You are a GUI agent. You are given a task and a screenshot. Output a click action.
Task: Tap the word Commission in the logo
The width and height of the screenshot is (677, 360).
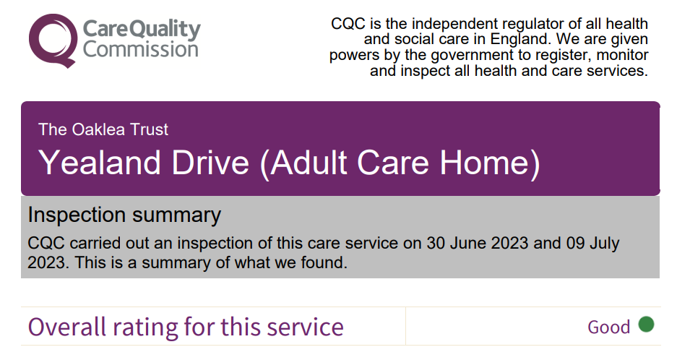coord(141,49)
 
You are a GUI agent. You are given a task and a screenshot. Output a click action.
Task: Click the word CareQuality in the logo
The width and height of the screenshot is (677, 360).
coord(142,30)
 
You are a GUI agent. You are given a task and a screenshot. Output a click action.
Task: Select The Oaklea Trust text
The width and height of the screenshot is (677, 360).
coord(103,129)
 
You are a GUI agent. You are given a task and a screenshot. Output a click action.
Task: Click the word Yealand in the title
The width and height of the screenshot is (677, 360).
coord(101,163)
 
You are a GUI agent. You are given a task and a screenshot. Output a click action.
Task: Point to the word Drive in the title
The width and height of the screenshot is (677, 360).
coord(210,163)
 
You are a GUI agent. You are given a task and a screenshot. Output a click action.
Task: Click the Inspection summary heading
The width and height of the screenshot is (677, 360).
coord(124,215)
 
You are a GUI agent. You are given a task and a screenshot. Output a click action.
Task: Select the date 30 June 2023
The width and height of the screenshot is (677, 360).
coord(478,243)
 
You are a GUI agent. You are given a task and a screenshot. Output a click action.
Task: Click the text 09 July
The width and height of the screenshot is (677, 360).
coord(592,244)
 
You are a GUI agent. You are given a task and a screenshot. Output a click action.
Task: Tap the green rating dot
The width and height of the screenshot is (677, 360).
coord(646,324)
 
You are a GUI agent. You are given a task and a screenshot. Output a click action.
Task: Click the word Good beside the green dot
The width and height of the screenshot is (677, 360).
coord(609,327)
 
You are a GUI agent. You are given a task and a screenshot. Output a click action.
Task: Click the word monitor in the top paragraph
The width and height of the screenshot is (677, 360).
coord(623,56)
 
